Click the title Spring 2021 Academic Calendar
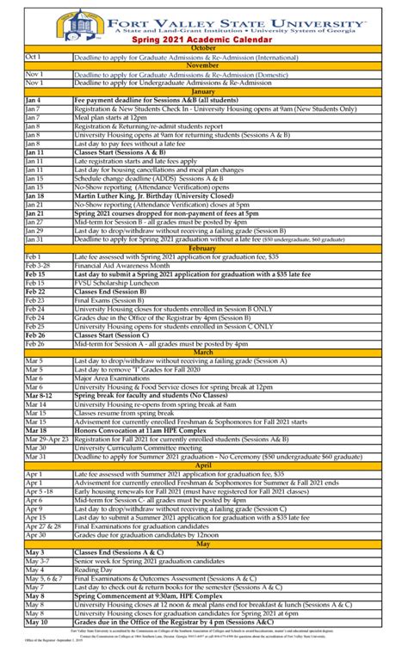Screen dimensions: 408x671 203,40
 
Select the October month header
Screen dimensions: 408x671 203,47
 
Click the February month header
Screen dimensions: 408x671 203,248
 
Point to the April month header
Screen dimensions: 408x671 203,466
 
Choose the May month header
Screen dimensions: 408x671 203,544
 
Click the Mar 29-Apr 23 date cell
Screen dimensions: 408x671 47,439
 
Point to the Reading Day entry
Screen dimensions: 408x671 93,569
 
